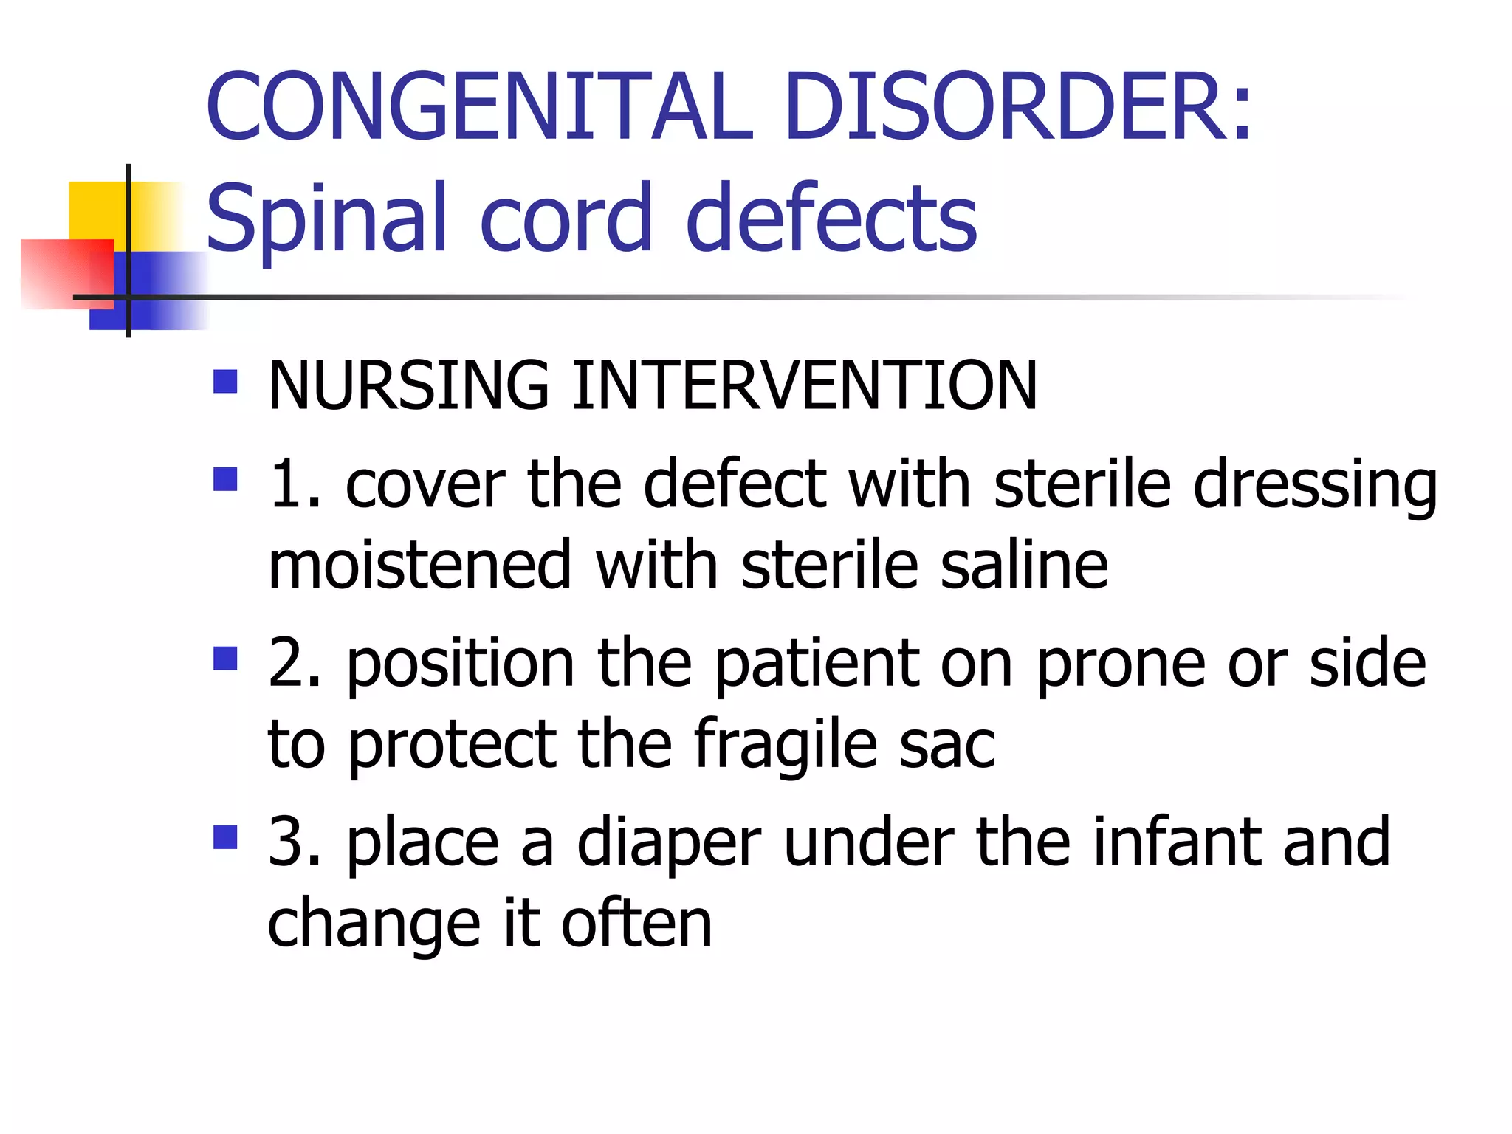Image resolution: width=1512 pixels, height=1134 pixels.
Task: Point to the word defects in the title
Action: [831, 218]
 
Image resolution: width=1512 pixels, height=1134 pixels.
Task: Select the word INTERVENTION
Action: [805, 385]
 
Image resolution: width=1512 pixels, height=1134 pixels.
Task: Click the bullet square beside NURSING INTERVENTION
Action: [225, 381]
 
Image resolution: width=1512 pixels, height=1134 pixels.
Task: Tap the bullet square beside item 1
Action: [225, 479]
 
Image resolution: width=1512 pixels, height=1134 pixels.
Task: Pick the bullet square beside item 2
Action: [225, 658]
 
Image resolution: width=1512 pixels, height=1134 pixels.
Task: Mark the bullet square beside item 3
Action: [225, 837]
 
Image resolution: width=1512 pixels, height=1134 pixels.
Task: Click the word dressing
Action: [1315, 486]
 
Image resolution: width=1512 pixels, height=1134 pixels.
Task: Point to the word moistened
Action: [420, 566]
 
